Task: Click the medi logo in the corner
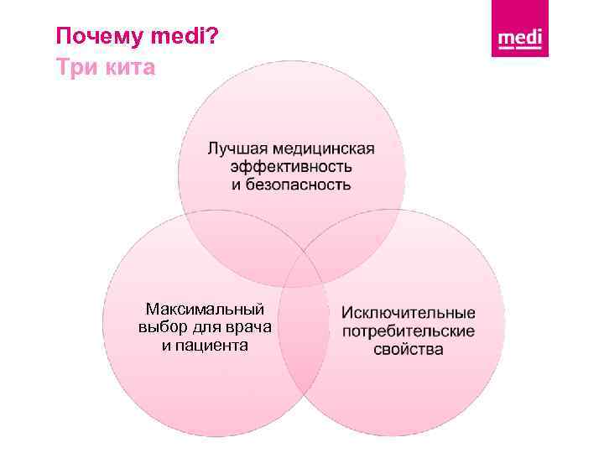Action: [520, 39]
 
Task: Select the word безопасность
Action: [298, 184]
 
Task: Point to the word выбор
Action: [159, 327]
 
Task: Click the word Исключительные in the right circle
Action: [409, 314]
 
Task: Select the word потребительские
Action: [409, 331]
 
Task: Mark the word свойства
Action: [409, 349]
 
